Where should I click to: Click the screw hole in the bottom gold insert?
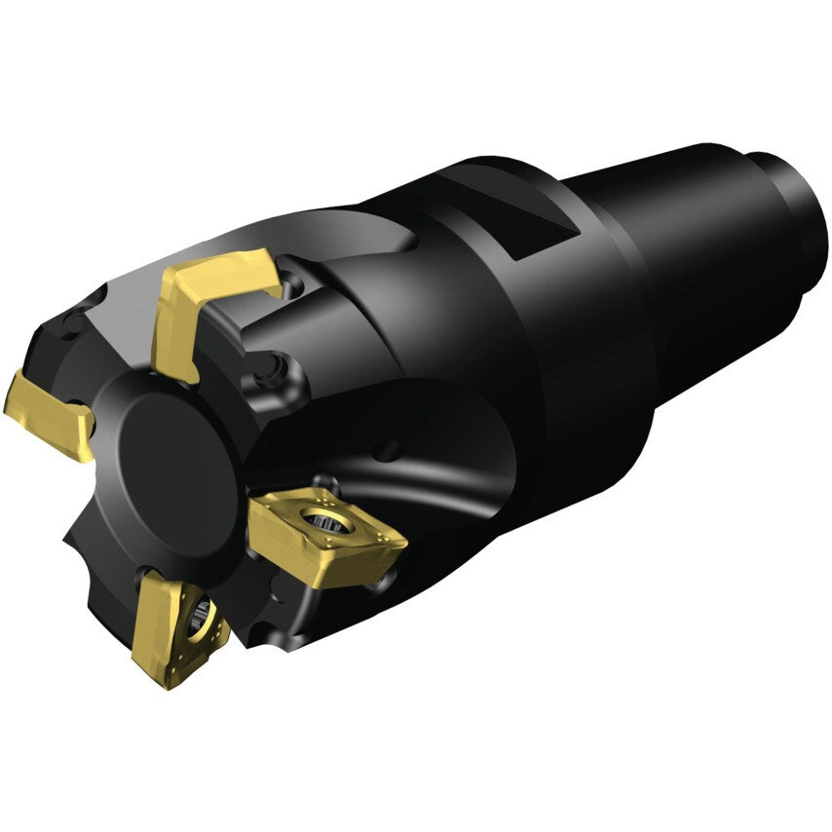pos(202,614)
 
